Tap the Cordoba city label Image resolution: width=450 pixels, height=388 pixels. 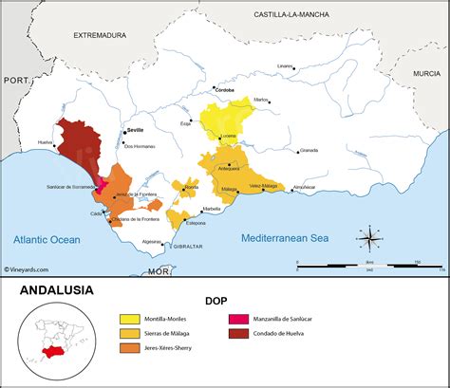click(225, 90)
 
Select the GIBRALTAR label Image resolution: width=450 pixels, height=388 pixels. click(188, 247)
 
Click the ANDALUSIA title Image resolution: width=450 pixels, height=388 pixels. click(57, 290)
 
